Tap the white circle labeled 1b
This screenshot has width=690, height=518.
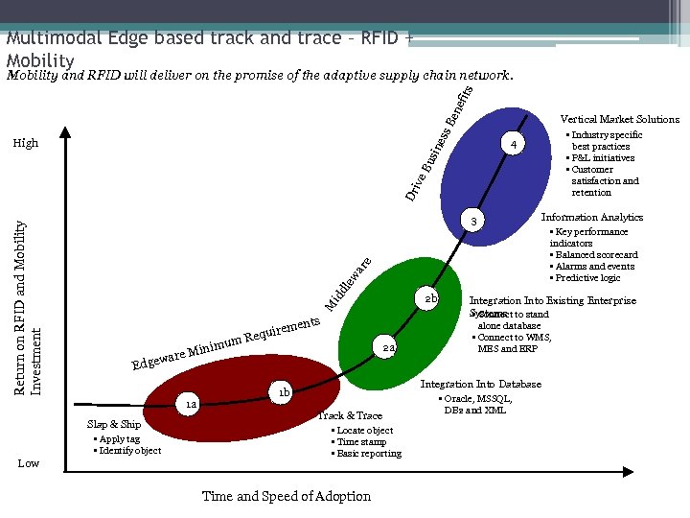tap(284, 392)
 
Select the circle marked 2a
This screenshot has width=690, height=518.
tap(385, 348)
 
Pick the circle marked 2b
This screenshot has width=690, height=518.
tap(431, 299)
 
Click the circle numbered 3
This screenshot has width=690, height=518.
tap(471, 223)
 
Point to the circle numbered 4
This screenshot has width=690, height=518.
tap(514, 145)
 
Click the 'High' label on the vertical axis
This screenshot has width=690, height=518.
tap(26, 143)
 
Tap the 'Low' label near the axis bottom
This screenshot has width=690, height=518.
tap(29, 463)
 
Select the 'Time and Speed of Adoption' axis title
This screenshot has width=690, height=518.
tap(286, 496)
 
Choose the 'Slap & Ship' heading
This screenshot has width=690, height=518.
tap(113, 424)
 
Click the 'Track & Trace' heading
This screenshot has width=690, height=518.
tap(350, 415)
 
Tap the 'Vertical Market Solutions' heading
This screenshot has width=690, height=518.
tap(619, 119)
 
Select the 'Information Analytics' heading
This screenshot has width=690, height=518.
tap(592, 217)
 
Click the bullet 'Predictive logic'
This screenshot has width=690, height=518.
tap(586, 278)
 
